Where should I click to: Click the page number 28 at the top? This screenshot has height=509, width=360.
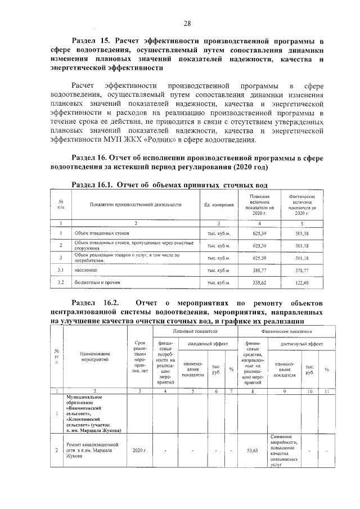point(187,23)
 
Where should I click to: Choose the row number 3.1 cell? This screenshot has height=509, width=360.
point(60,271)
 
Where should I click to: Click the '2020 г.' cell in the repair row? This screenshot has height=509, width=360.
point(139,451)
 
